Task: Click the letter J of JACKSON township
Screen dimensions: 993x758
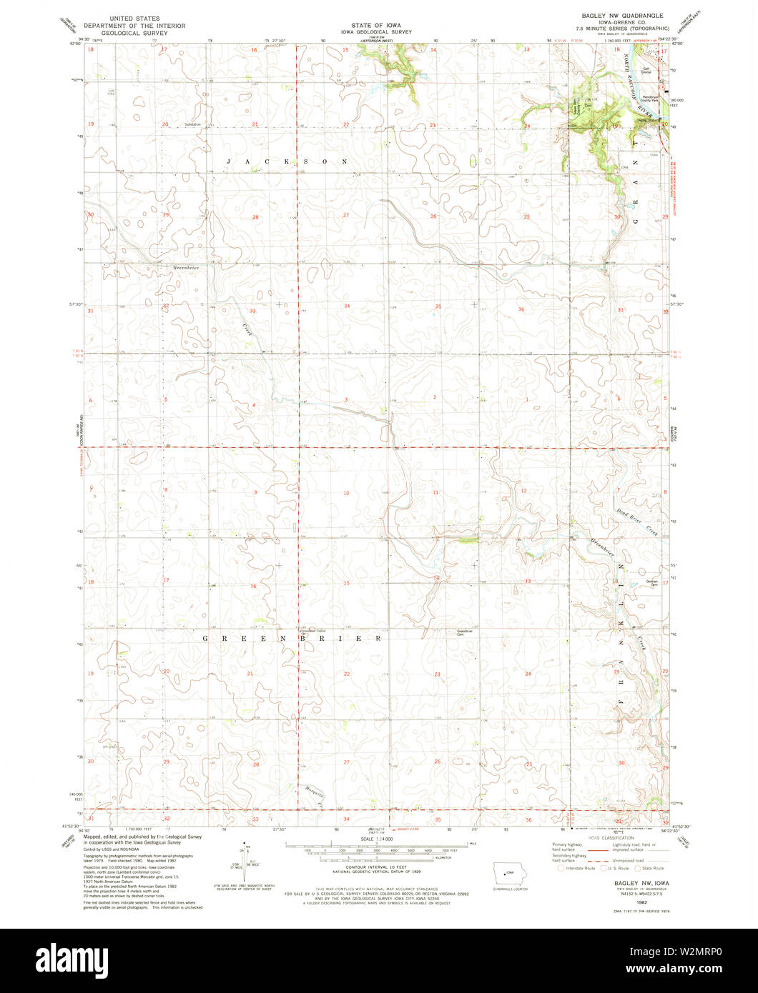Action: [x=228, y=162]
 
